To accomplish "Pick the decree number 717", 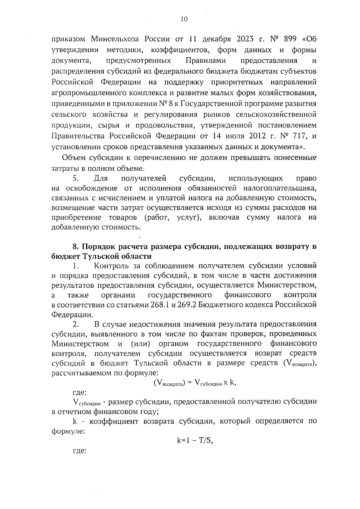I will (298, 136).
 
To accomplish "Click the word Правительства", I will (78, 136).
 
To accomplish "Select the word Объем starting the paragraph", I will (74, 158).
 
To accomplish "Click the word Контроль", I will (112, 266).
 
